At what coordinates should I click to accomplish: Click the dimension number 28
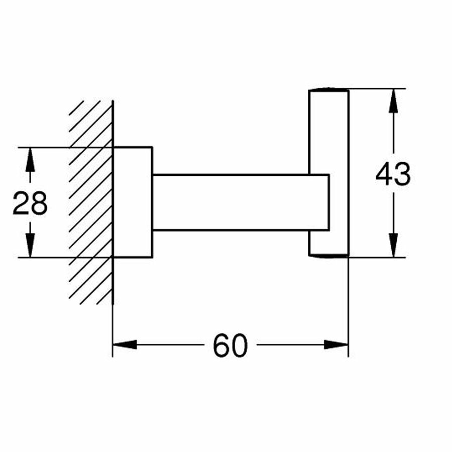tap(30, 203)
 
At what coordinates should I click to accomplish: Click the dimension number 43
tap(393, 174)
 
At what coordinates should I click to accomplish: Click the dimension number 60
tap(231, 346)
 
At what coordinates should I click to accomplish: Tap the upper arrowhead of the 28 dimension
tap(30, 160)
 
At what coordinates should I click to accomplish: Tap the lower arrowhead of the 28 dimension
tap(30, 245)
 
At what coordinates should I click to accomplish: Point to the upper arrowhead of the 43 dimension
tap(393, 100)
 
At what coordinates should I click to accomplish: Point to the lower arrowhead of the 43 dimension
tap(393, 245)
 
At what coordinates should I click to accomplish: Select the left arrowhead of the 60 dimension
tap(125, 345)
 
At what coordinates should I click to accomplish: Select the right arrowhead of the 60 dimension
tap(336, 345)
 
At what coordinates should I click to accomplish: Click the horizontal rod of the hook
tap(241, 202)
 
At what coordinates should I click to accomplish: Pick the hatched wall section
tap(91, 202)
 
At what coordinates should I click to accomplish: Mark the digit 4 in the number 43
tap(384, 174)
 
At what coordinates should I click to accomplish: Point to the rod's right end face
tap(329, 202)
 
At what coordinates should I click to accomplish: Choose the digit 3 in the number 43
tap(402, 174)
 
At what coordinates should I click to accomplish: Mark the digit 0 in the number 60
tap(240, 346)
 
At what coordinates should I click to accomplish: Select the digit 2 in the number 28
tap(21, 203)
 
